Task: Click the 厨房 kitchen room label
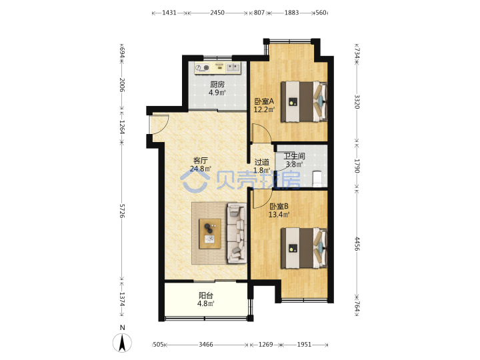[x=217, y=85]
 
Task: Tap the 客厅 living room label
[x=201, y=161]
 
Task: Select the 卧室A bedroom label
[x=264, y=101]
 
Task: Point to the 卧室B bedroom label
[x=279, y=206]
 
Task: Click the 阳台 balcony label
[x=206, y=296]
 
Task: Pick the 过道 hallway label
[x=262, y=162]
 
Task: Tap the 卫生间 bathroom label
[x=294, y=156]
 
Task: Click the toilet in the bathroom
[x=317, y=179]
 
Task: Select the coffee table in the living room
[x=210, y=233]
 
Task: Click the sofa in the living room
[x=237, y=233]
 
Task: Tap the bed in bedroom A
[x=304, y=101]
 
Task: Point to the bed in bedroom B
[x=304, y=248]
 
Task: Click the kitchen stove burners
[x=202, y=67]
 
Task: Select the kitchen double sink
[x=233, y=67]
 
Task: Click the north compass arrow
[x=122, y=343]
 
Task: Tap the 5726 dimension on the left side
[x=122, y=211]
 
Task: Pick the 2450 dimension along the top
[x=217, y=13]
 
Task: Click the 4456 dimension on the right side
[x=357, y=244]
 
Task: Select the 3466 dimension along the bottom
[x=206, y=345]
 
